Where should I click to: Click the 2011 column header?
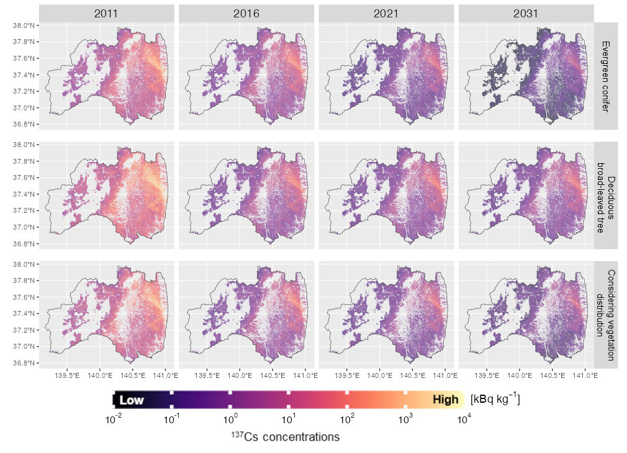click(107, 13)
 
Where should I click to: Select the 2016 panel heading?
click(246, 13)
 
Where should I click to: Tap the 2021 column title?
click(386, 13)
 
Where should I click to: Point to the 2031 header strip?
click(526, 13)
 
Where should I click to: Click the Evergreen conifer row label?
click(606, 76)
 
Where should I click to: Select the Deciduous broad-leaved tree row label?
click(606, 195)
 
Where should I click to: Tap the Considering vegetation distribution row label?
click(606, 315)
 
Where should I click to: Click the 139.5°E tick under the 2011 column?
click(67, 375)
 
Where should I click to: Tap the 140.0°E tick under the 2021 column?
click(380, 375)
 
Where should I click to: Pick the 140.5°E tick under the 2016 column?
click(273, 375)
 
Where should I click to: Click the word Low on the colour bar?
click(132, 400)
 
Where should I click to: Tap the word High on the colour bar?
click(445, 400)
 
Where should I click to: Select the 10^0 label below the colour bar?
click(230, 419)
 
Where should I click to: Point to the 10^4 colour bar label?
click(464, 419)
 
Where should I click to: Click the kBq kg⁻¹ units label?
click(495, 399)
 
